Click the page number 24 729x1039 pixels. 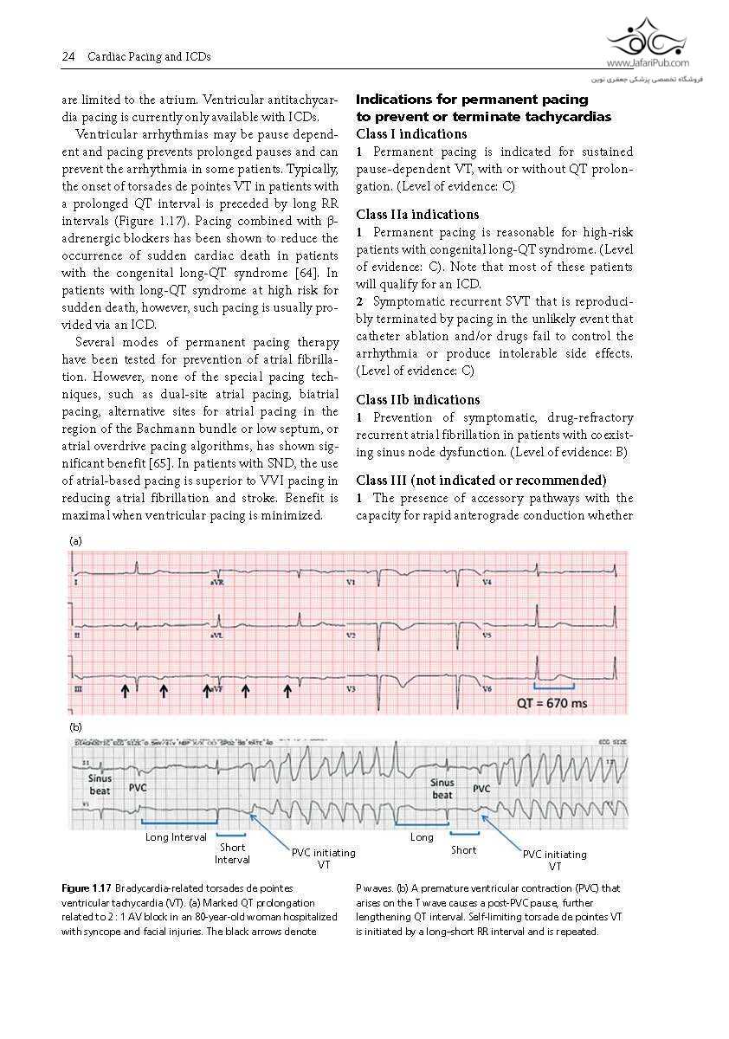pyautogui.click(x=68, y=57)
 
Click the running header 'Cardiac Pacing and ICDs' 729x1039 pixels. pyautogui.click(x=149, y=57)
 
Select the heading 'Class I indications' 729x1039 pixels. pyautogui.click(x=411, y=134)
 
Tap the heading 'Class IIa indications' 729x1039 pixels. pyautogui.click(x=417, y=215)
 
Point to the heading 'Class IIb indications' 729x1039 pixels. pyautogui.click(x=418, y=400)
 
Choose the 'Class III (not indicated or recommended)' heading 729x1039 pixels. pyautogui.click(x=481, y=481)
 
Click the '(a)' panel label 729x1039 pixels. pyautogui.click(x=75, y=540)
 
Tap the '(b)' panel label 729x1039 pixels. pyautogui.click(x=75, y=727)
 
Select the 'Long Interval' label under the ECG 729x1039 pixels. pyautogui.click(x=176, y=837)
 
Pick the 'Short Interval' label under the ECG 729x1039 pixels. pyautogui.click(x=232, y=854)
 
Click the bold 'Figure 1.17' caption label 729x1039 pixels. pyautogui.click(x=87, y=888)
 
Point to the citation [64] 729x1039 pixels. pyautogui.click(x=300, y=274)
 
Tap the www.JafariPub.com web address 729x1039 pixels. pyautogui.click(x=648, y=63)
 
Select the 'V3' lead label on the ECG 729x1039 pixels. pyautogui.click(x=352, y=689)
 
